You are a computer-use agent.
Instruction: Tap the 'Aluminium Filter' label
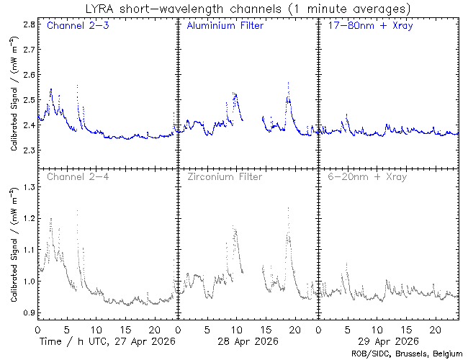point(225,27)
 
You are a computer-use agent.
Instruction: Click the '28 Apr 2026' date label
point(247,341)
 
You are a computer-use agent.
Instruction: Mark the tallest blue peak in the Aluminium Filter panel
point(288,83)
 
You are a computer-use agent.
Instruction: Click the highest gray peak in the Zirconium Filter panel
point(288,208)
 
